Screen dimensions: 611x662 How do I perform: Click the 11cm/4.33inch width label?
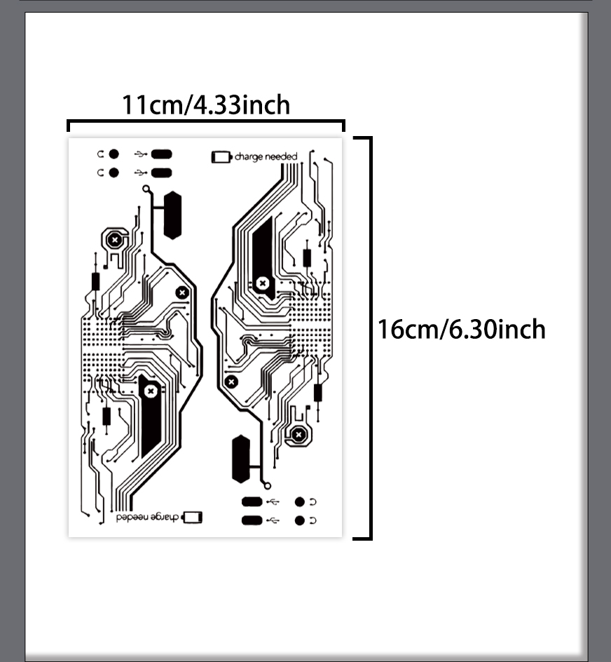(x=206, y=105)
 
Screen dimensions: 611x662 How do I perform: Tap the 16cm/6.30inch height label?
(x=462, y=330)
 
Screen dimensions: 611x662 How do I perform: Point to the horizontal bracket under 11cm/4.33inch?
(x=206, y=122)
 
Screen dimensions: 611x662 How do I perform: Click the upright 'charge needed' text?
(x=266, y=156)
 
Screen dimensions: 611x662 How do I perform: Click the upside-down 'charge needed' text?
(x=147, y=518)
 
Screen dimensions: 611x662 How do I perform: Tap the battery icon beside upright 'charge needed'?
(x=221, y=157)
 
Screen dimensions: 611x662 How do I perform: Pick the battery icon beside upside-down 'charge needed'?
(x=192, y=518)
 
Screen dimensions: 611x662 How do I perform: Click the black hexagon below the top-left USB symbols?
(x=172, y=215)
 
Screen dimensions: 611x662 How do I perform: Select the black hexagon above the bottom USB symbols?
(x=241, y=459)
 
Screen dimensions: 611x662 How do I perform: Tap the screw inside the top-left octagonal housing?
(x=114, y=241)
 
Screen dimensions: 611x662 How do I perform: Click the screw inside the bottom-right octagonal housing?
(x=298, y=434)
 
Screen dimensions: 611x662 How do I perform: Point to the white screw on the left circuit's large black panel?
(x=151, y=391)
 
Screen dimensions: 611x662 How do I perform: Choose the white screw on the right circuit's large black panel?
(x=263, y=283)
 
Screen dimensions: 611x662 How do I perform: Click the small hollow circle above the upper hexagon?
(x=146, y=189)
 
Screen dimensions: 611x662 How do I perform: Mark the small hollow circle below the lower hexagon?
(x=267, y=486)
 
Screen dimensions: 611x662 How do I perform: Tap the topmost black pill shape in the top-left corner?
(x=162, y=154)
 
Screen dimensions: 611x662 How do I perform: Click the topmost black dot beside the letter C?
(x=114, y=154)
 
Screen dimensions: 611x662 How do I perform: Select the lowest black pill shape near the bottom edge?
(x=252, y=520)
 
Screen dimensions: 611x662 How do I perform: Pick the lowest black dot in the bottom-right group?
(x=300, y=520)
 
